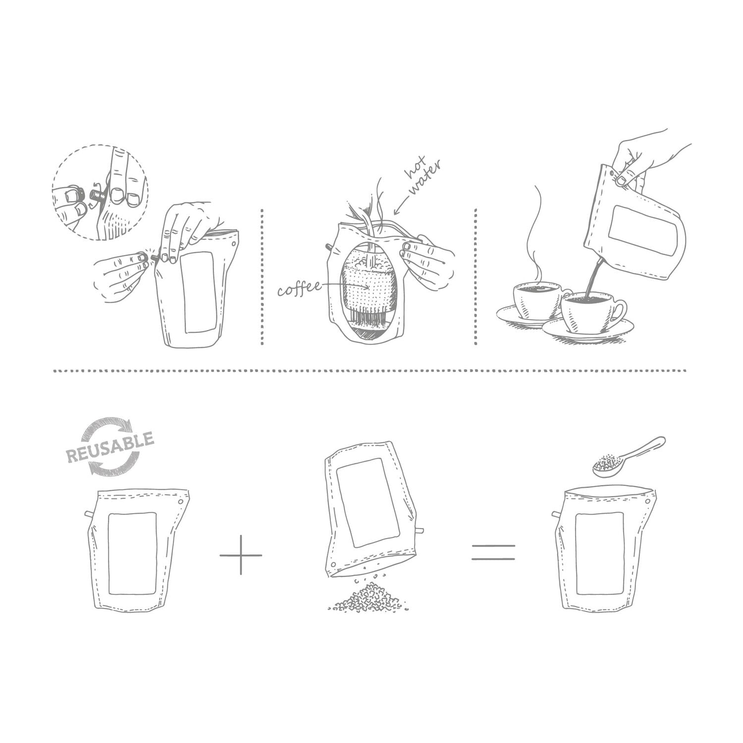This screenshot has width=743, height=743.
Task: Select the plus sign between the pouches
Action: (241, 555)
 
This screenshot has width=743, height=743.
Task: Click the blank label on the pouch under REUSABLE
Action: (132, 552)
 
